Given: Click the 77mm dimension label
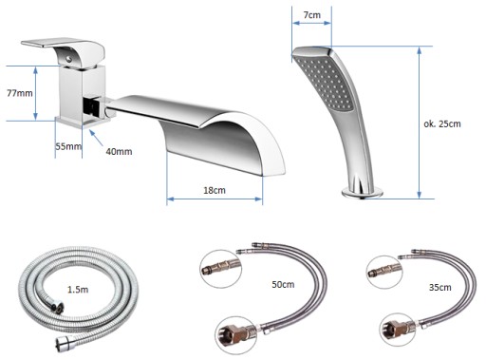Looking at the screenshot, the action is (20, 93).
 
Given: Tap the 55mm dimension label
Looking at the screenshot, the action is (68, 146).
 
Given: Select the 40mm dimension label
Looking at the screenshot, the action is (119, 152).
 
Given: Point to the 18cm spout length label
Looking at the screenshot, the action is (215, 190).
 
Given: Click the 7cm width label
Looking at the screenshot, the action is (311, 15).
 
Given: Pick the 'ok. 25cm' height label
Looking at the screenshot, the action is (442, 123).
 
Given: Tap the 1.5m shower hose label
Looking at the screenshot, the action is (78, 290).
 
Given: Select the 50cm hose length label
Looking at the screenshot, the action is (283, 284).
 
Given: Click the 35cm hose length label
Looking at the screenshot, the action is (439, 287).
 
